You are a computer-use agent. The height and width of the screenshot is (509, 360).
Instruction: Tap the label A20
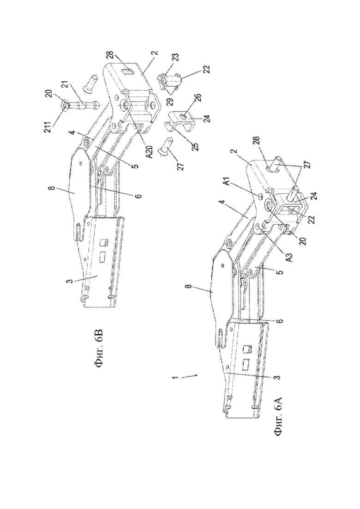pyautogui.click(x=148, y=151)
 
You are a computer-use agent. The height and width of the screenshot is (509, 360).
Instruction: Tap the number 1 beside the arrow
pyautogui.click(x=174, y=377)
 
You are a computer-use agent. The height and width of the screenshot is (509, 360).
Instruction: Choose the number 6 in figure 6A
pyautogui.click(x=280, y=321)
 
